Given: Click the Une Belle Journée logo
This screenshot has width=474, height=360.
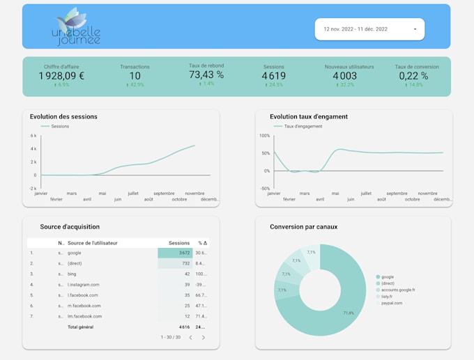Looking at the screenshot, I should click(77, 28).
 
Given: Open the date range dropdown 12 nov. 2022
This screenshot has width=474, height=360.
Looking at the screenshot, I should click(369, 29).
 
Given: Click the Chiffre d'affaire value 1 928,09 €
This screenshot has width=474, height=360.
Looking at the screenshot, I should click(61, 75).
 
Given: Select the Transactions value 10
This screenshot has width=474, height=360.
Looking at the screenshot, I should click(135, 75).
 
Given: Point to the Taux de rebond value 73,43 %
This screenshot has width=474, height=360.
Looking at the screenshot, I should click(206, 75).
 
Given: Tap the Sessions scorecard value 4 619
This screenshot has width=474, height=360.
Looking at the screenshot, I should click(274, 75).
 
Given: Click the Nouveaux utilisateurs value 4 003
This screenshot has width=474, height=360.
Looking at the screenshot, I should click(344, 75).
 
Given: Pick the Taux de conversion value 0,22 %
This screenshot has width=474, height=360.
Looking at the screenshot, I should click(413, 75).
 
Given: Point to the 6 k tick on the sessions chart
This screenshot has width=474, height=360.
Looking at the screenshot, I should click(33, 136).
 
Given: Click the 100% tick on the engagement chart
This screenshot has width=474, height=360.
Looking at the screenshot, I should click(264, 136).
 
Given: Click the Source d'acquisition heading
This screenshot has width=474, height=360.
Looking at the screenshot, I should click(70, 226).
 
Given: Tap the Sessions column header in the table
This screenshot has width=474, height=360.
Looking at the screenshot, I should click(179, 243).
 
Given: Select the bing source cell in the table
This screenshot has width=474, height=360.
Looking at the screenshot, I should click(72, 274).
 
